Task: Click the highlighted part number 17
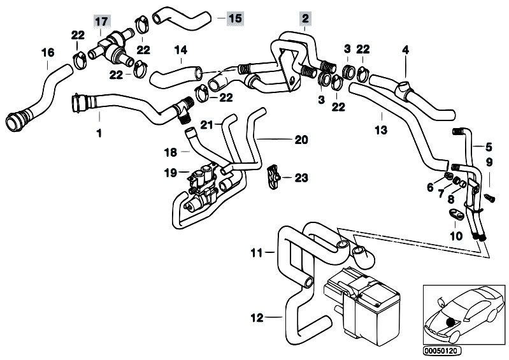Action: pos(101,21)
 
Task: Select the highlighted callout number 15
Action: pos(234,17)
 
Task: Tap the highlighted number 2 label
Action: pos(306,18)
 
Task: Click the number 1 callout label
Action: pos(99,134)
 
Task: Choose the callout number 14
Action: pos(181,50)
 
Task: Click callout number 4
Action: pos(405,50)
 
